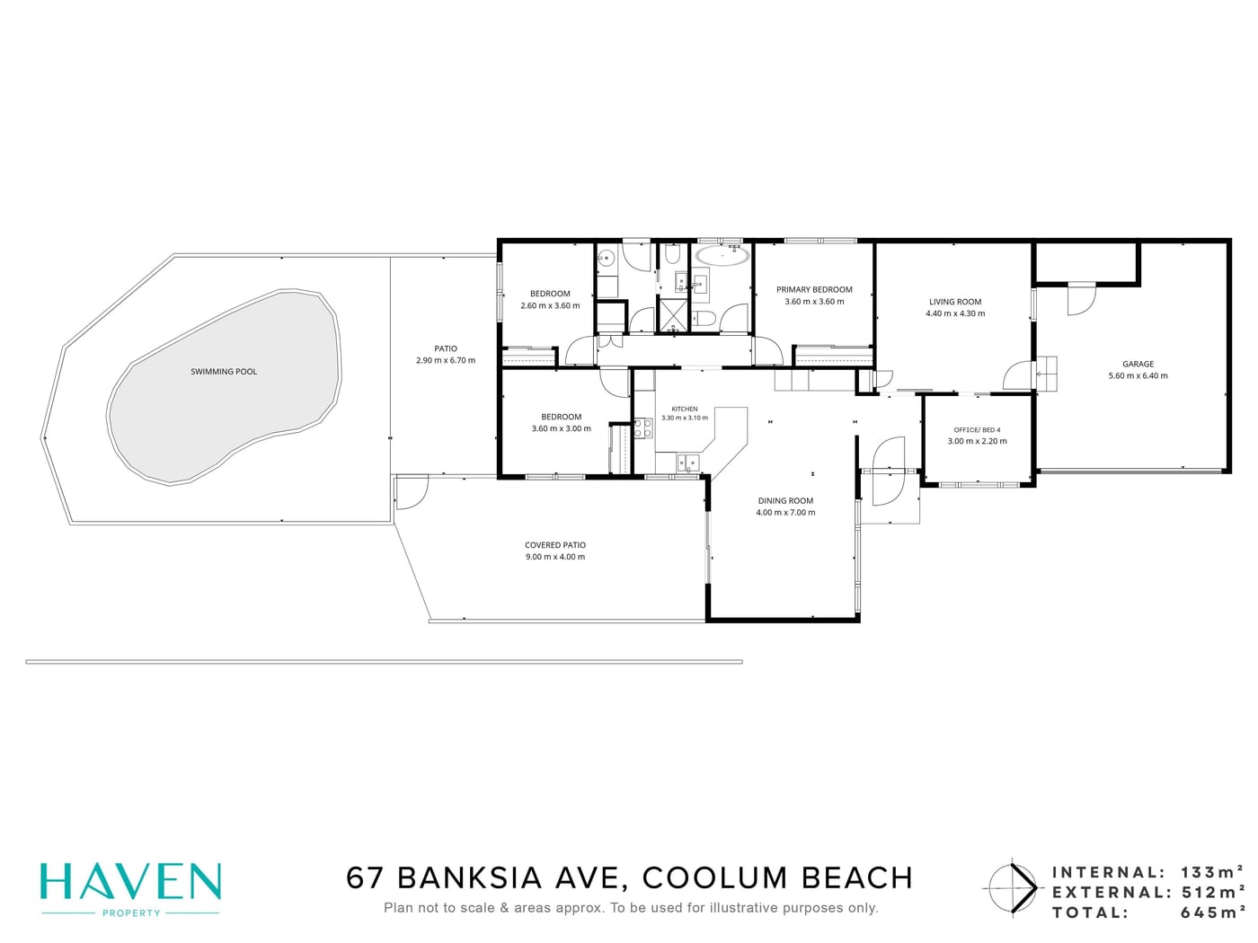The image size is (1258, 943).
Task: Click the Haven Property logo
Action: point(130,890)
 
